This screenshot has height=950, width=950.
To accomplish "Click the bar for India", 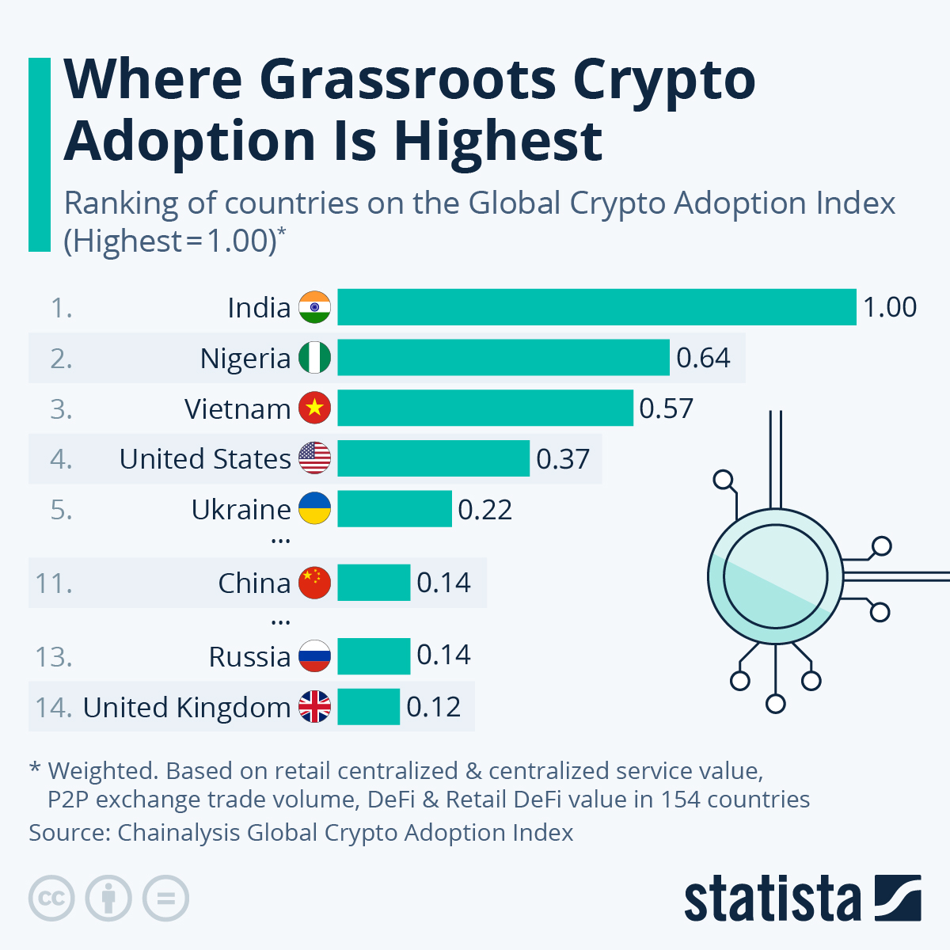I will click(x=597, y=307).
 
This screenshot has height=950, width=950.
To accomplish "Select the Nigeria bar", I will click(x=503, y=358).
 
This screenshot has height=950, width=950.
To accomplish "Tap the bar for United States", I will click(x=433, y=458).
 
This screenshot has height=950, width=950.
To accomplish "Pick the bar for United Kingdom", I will click(x=368, y=707).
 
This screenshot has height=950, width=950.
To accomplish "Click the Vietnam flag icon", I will click(x=314, y=408).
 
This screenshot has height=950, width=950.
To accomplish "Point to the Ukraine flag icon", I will click(x=314, y=509).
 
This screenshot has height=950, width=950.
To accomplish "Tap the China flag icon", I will click(x=314, y=583).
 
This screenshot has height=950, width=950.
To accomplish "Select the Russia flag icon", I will click(x=314, y=656).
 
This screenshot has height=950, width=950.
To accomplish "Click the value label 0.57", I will click(x=666, y=408).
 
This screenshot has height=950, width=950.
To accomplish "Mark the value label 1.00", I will click(x=889, y=307).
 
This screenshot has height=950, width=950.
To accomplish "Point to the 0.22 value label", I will click(x=484, y=509).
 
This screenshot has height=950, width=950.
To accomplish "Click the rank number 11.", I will click(x=53, y=583).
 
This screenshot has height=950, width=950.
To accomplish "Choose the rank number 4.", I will click(x=60, y=459).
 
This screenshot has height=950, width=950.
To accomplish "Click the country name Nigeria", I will click(x=245, y=359).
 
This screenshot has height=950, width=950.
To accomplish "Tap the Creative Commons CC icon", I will click(x=51, y=899).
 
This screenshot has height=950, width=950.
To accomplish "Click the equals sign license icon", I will click(x=165, y=899).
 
